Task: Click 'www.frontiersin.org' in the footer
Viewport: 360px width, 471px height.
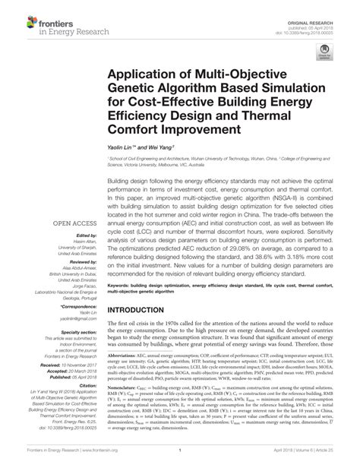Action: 96,460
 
